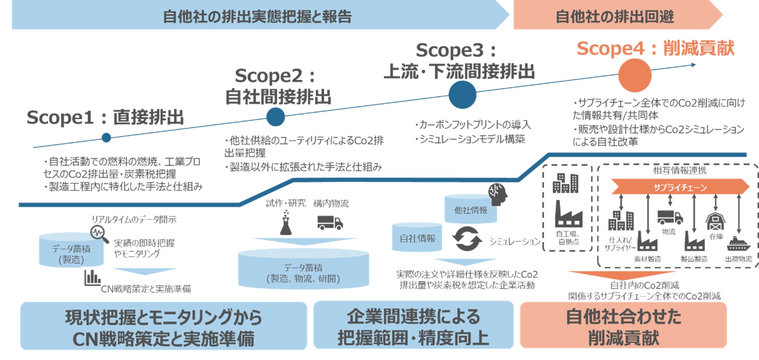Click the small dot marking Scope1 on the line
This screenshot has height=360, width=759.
pos(106,137)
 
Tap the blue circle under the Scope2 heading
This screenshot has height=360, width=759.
pos(276,117)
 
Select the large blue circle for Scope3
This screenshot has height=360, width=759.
pos(462,95)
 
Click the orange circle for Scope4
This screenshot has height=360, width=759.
pos(634,76)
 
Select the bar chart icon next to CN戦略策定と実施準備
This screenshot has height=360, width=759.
pos(92,278)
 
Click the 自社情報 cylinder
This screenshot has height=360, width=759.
pos(417,237)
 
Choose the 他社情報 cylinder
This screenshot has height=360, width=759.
pos(471,209)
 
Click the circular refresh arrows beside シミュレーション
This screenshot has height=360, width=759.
pos(467,239)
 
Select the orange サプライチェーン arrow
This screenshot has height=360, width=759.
pos(680,187)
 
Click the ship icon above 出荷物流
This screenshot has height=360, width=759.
pos(738,244)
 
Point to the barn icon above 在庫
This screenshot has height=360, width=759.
pos(715,221)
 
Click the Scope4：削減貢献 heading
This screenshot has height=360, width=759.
pos(655,49)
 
